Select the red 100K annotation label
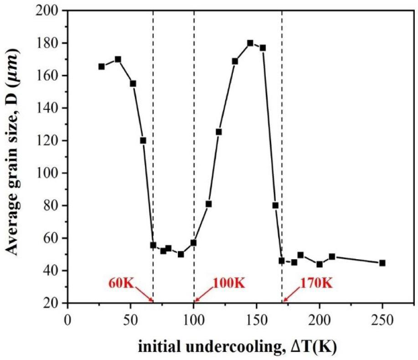click(228, 283)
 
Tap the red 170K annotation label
click(316, 283)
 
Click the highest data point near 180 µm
click(250, 43)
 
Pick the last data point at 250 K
click(382, 263)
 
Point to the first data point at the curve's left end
click(102, 67)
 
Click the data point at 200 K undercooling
click(320, 264)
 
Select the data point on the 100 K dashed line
click(194, 243)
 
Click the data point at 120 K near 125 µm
click(219, 132)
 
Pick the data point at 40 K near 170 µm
click(118, 59)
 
